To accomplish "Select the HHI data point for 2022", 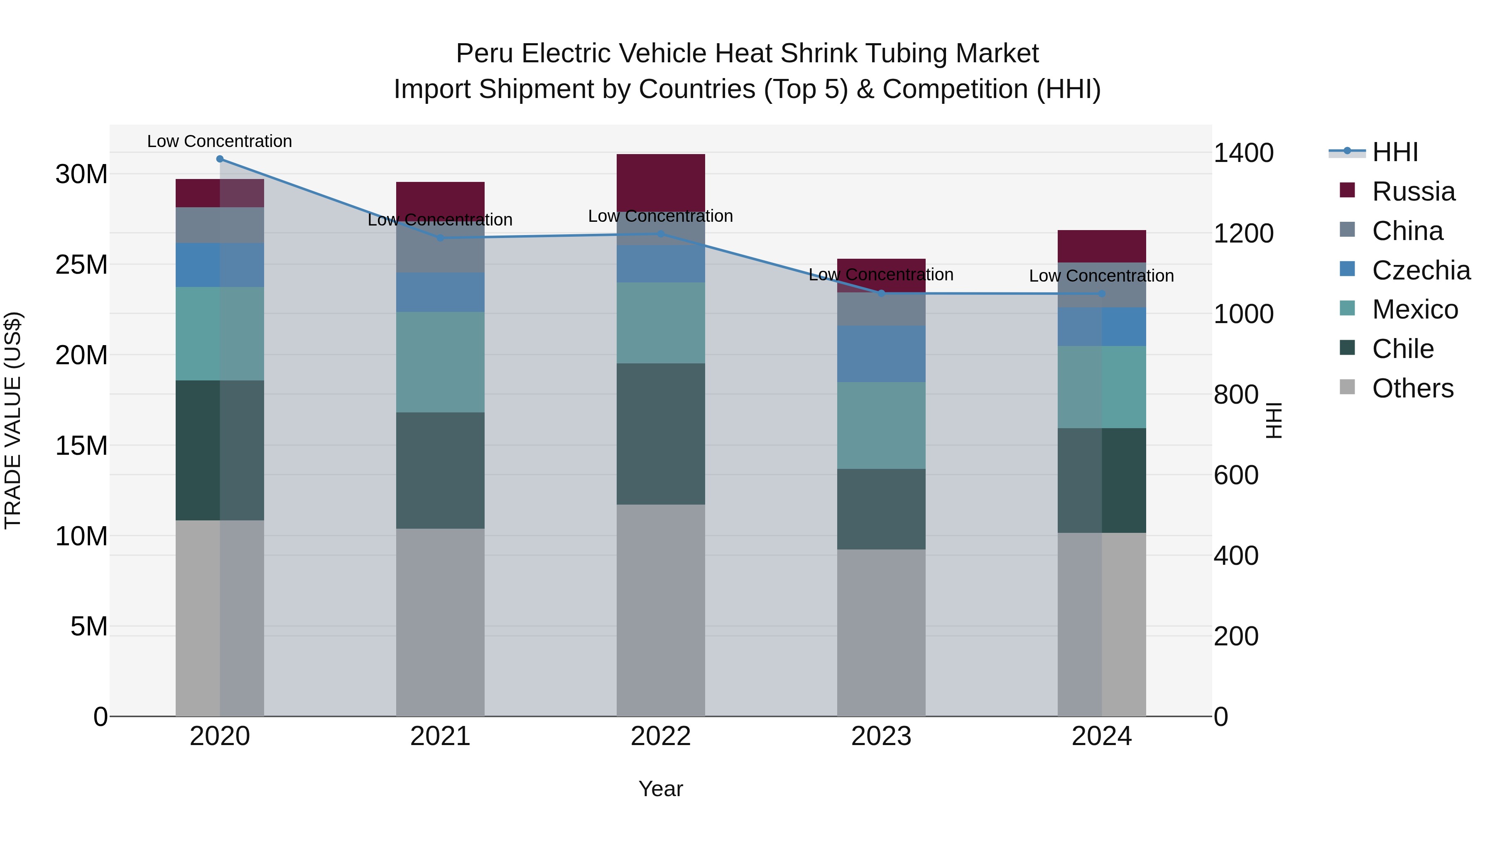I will (660, 234).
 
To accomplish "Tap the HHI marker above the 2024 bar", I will (1101, 294).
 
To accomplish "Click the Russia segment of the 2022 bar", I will (660, 183).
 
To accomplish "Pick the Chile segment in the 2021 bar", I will (440, 470).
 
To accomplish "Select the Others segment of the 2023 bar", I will (881, 633).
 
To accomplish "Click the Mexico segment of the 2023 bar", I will (881, 425).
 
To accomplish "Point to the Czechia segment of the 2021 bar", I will (440, 292).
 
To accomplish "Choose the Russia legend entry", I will (1413, 191).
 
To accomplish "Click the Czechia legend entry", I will (1421, 270).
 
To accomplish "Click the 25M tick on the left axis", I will (81, 265).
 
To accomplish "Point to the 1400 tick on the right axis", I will (1244, 153).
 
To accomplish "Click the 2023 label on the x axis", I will (881, 736).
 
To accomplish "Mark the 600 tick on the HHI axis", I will (1236, 476).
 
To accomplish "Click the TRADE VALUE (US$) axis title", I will (13, 420).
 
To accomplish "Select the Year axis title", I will (660, 789).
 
